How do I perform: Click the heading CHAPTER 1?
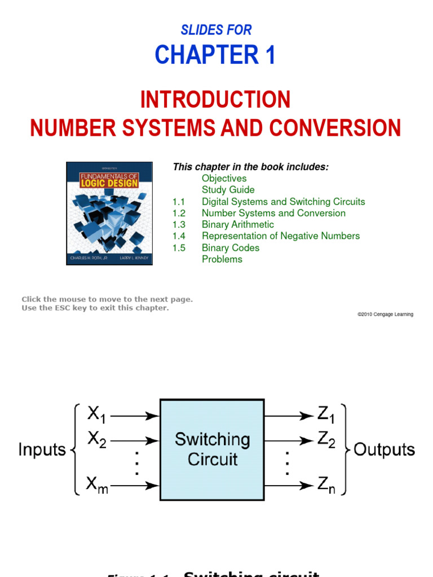[215, 55]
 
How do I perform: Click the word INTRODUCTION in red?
[215, 100]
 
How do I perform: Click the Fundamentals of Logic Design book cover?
[109, 214]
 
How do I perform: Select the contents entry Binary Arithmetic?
[238, 225]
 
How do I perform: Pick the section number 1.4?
[179, 236]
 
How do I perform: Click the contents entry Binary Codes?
[231, 248]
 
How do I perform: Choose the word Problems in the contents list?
[222, 259]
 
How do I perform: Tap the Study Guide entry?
[228, 190]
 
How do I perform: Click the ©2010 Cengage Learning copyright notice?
[385, 314]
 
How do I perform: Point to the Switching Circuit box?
[212, 449]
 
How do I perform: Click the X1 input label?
[96, 415]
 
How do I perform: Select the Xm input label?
[98, 484]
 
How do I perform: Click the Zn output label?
[326, 485]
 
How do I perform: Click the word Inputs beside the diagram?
[42, 450]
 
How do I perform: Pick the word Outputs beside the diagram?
[384, 450]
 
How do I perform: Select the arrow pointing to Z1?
[288, 416]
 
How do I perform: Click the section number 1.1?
[179, 202]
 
